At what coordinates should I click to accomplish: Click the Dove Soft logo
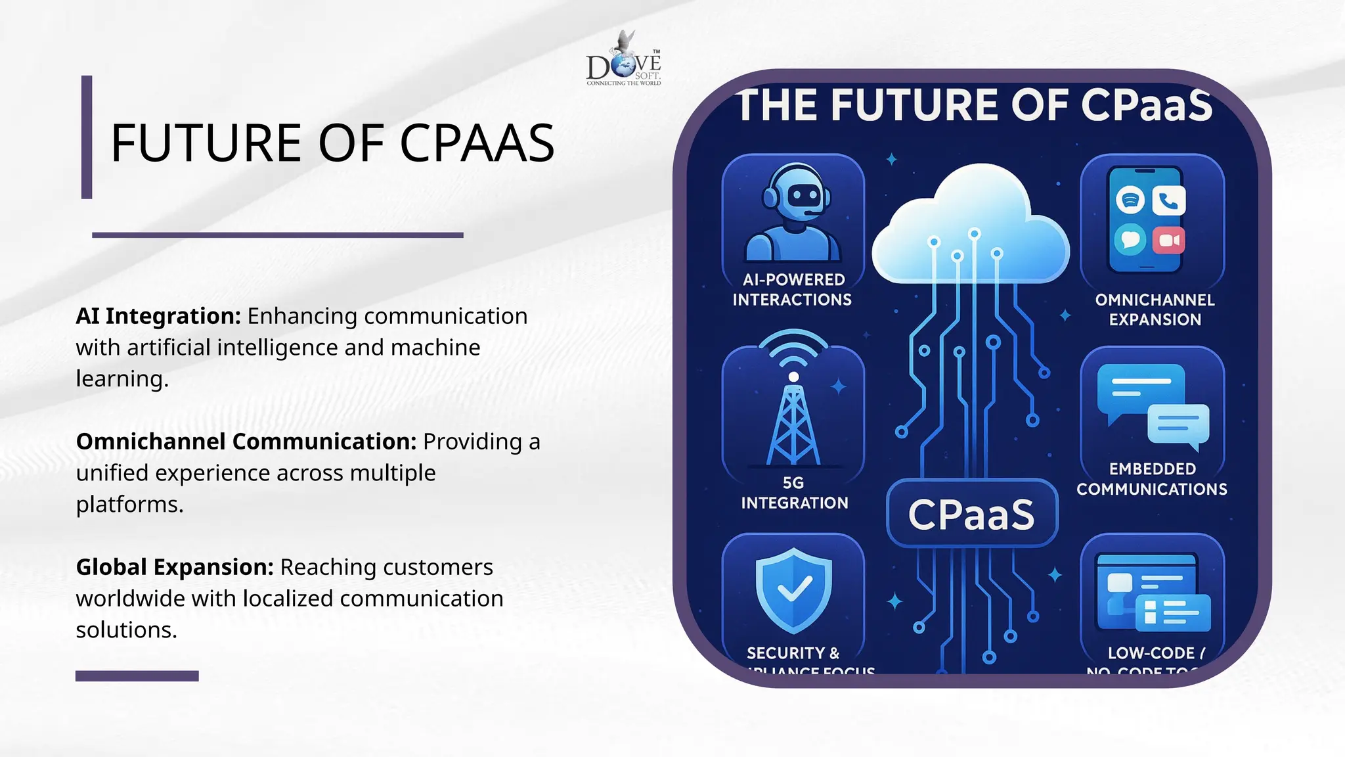(624, 60)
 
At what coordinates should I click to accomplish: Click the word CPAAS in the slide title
(477, 143)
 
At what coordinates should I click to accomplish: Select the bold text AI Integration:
(158, 316)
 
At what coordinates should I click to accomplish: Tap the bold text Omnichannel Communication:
(246, 442)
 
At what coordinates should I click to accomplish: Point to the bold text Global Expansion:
(175, 567)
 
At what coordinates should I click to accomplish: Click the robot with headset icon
(793, 214)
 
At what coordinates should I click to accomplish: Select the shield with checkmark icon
(793, 589)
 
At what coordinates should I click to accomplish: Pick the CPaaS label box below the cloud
(971, 514)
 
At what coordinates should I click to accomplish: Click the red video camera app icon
(1168, 241)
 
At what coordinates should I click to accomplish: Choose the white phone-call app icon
(1168, 200)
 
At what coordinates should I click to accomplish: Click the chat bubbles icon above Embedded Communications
(1153, 406)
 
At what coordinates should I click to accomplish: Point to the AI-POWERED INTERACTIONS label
(793, 290)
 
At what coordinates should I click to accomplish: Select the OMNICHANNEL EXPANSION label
(1155, 310)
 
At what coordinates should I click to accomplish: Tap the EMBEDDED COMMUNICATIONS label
(1152, 479)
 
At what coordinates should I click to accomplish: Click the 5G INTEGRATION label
(794, 493)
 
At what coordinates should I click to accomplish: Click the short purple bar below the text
(137, 676)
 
